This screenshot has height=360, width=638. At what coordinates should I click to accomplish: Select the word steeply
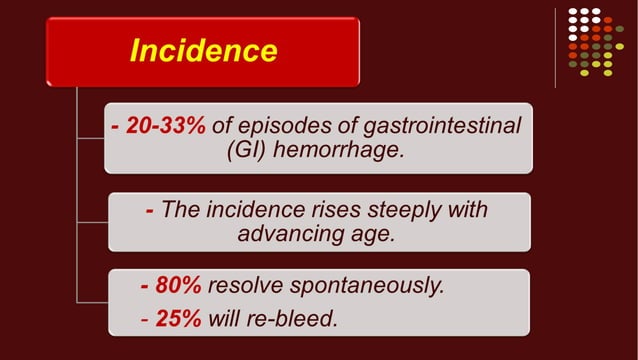390,209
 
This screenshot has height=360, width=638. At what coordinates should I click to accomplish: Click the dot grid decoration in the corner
595,41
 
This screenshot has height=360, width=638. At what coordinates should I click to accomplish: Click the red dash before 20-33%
117,127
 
